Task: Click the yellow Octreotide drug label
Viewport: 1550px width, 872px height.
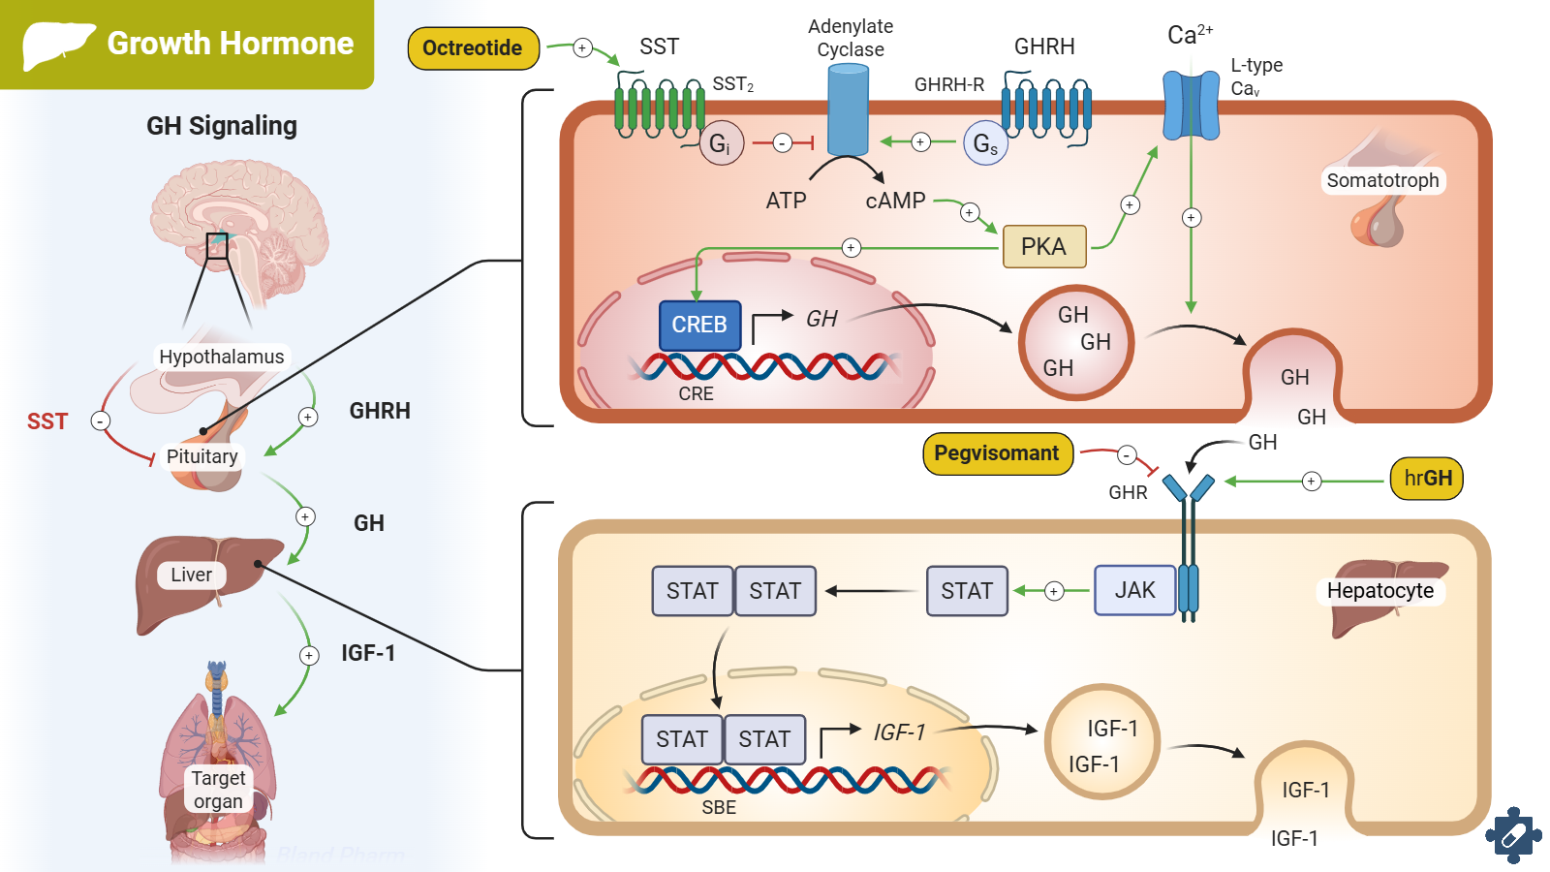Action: click(x=473, y=48)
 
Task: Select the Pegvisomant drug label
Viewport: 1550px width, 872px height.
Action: click(x=997, y=453)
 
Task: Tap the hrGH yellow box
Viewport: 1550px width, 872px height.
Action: click(x=1427, y=479)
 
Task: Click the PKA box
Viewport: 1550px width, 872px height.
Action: click(x=1043, y=246)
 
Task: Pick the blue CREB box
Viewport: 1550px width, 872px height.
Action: click(x=699, y=325)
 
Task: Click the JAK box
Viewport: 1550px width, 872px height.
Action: click(x=1134, y=591)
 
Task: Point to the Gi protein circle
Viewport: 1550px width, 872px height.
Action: click(x=721, y=144)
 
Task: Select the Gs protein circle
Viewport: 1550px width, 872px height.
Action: click(x=985, y=144)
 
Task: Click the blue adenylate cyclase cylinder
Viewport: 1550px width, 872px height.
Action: click(x=848, y=109)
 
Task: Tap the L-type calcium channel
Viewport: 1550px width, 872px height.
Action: click(x=1191, y=105)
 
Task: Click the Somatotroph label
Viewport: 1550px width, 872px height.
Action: click(x=1382, y=180)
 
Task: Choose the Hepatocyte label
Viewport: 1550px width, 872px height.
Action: click(x=1379, y=591)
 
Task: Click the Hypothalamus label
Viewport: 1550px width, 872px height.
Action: click(x=222, y=357)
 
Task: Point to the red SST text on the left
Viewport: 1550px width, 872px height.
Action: click(x=47, y=421)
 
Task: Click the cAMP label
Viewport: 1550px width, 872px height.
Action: click(x=895, y=201)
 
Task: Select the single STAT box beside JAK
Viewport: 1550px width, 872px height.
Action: click(x=967, y=591)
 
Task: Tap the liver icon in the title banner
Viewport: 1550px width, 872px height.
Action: click(x=57, y=45)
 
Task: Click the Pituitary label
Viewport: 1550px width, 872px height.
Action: click(x=201, y=456)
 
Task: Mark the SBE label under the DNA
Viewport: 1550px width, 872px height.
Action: click(x=719, y=807)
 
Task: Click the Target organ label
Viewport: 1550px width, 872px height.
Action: click(x=218, y=790)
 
